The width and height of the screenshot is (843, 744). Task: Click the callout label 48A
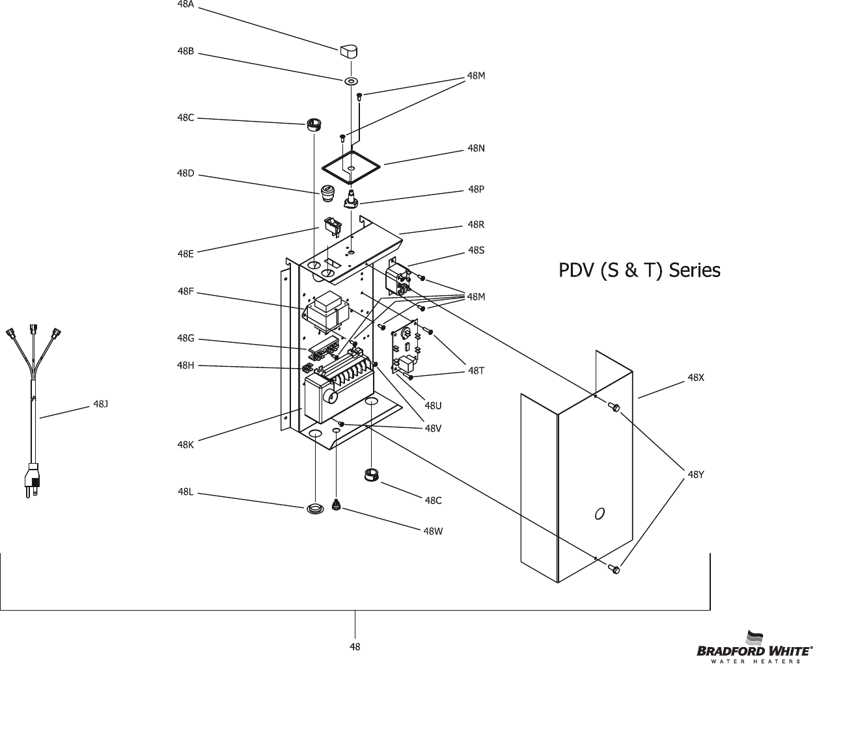click(186, 4)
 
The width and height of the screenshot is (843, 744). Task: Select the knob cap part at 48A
click(349, 51)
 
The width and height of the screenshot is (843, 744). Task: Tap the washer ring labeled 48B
click(352, 82)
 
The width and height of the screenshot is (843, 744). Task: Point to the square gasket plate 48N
click(350, 168)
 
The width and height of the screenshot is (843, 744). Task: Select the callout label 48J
click(100, 404)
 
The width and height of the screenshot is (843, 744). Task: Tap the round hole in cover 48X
click(600, 513)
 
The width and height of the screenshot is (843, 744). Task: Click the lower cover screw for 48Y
click(613, 570)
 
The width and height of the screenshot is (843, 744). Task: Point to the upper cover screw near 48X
click(613, 408)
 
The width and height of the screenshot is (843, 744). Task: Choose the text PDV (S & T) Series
click(639, 270)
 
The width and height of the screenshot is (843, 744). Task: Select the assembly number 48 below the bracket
click(355, 646)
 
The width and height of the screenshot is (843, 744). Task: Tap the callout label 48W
click(433, 531)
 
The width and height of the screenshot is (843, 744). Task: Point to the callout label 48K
click(186, 445)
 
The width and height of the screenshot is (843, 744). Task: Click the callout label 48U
click(433, 406)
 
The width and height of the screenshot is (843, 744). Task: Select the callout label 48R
click(476, 225)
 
